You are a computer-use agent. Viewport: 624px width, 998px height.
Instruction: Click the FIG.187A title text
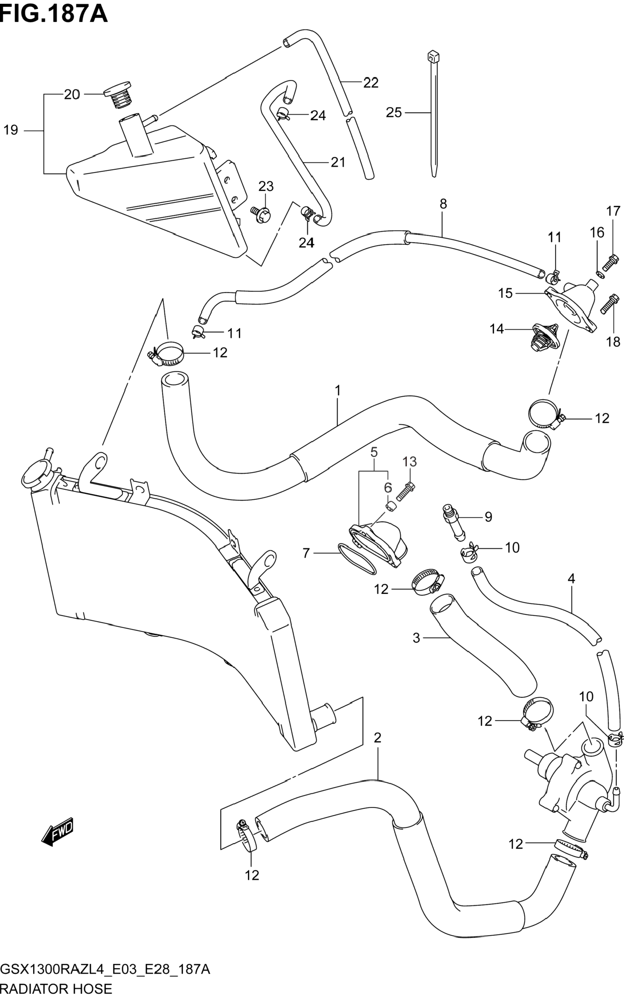54,15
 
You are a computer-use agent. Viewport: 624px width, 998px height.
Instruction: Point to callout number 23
266,186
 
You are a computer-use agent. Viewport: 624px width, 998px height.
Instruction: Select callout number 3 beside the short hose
416,638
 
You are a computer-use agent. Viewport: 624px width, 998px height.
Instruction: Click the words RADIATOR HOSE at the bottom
56,989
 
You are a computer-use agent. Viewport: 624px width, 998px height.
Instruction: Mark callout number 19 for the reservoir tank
11,131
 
